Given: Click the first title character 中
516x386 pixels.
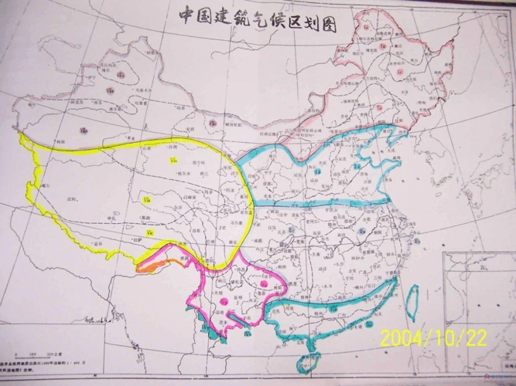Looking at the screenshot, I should (x=186, y=15).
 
